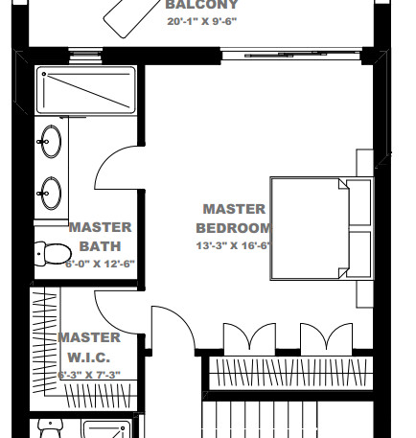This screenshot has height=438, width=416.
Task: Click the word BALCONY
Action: (201, 4)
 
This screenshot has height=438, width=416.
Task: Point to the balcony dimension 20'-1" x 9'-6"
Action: (201, 21)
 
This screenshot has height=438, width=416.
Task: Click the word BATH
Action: (101, 245)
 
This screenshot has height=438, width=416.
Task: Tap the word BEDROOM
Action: (233, 228)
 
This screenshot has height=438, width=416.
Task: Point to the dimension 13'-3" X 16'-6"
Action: (234, 245)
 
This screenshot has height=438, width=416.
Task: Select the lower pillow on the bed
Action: (359, 254)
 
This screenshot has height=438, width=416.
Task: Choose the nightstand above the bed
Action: (363, 162)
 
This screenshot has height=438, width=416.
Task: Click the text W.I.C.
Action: (89, 357)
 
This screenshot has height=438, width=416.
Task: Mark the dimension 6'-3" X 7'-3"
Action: (89, 375)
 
